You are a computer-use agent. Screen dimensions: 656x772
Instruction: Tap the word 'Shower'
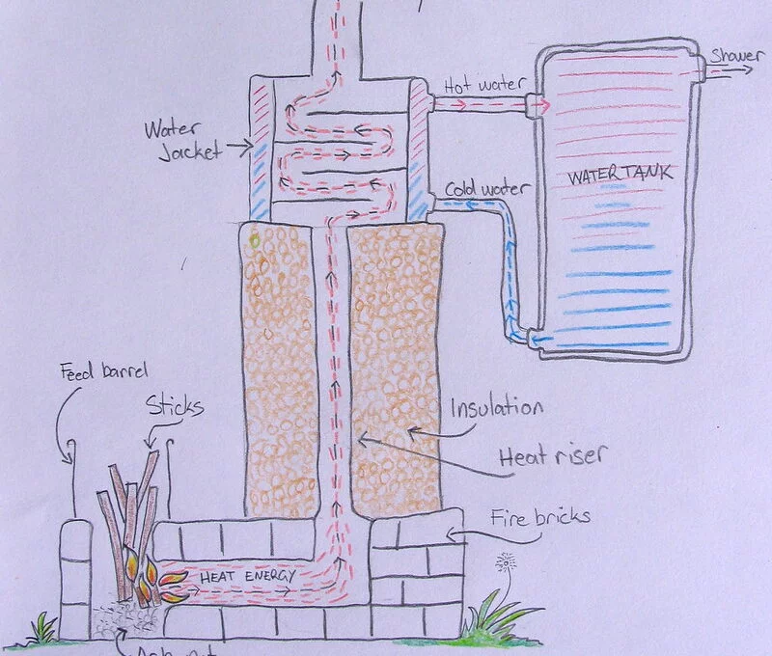point(736,54)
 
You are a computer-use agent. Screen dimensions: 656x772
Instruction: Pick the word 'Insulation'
point(496,406)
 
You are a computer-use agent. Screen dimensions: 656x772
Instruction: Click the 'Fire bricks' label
point(541,517)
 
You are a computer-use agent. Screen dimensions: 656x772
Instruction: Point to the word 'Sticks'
point(175,406)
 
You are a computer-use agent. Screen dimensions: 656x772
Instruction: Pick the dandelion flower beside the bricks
point(503,564)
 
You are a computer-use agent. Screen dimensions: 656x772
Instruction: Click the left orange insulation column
point(281,367)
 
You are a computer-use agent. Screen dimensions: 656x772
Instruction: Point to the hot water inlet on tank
point(534,104)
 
